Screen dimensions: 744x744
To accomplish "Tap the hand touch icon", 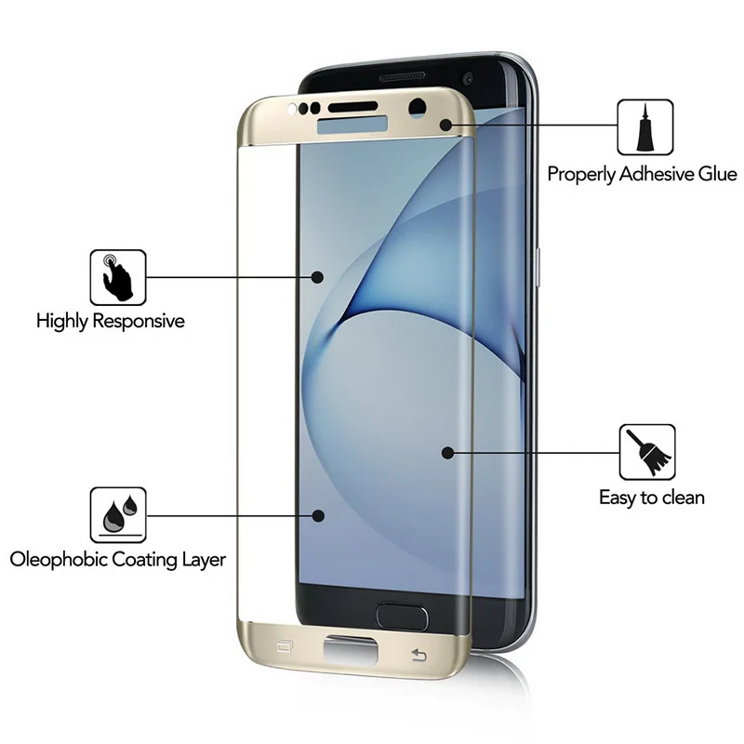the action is pos(118,276).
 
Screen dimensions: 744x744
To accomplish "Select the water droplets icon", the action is pos(118,514).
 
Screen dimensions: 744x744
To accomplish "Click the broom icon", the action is pos(646,452).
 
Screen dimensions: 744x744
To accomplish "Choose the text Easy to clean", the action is pos(651,498).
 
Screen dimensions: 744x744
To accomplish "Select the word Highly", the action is pos(61,322).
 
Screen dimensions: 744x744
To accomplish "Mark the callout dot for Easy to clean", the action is pos(447,453).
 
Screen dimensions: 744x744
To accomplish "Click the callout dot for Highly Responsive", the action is pos(316,276).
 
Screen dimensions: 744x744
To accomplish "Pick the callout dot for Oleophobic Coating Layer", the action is pos(319,514).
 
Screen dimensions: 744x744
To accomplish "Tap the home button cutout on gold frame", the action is pos(351,650).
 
